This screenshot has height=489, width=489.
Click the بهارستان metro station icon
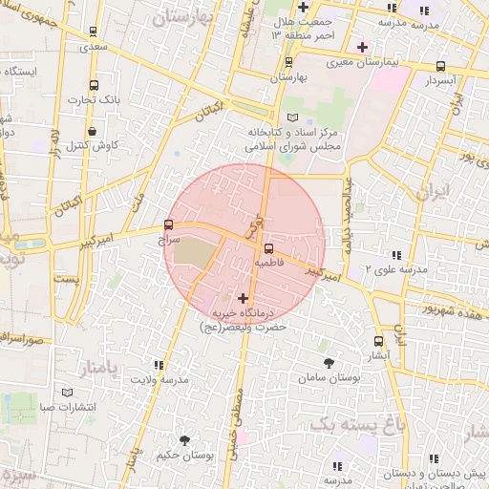click(289, 62)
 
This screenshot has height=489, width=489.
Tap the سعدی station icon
click(92, 32)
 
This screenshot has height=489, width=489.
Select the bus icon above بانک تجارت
click(92, 84)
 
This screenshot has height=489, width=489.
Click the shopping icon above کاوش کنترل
click(92, 131)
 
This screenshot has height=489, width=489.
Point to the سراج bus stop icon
click(169, 225)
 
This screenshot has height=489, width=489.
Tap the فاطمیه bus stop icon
click(267, 246)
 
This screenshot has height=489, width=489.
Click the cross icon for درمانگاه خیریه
click(243, 298)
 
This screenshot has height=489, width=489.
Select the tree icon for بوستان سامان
click(330, 364)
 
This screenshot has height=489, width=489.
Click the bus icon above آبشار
click(379, 340)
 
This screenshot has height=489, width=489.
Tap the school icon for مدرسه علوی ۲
click(395, 255)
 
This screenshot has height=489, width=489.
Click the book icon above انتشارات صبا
click(66, 393)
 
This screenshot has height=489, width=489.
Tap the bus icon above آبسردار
click(440, 66)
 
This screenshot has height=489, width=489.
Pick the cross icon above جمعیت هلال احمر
click(302, 7)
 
